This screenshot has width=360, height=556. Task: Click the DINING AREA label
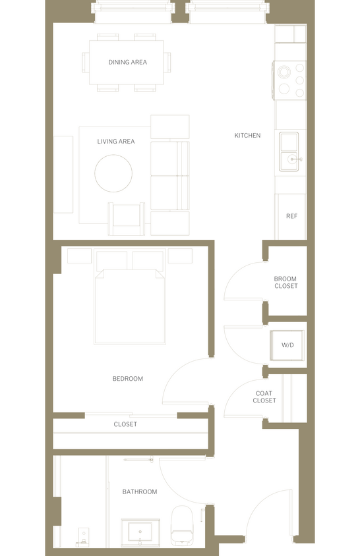pyautogui.click(x=127, y=63)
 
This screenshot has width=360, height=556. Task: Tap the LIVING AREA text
pyautogui.click(x=116, y=142)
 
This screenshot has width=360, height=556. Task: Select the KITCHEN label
pyautogui.click(x=247, y=136)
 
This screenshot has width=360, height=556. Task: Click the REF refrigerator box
pyautogui.click(x=291, y=217)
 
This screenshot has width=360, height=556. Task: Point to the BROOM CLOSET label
pyautogui.click(x=285, y=283)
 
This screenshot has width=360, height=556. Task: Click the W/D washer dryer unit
pyautogui.click(x=288, y=345)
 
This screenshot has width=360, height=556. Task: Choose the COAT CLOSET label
pyautogui.click(x=264, y=397)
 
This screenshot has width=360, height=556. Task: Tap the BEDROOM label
pyautogui.click(x=127, y=379)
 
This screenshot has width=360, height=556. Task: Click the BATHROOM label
pyautogui.click(x=140, y=492)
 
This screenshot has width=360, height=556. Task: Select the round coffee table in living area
pyautogui.click(x=113, y=173)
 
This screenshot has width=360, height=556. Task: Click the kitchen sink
pyautogui.click(x=289, y=152)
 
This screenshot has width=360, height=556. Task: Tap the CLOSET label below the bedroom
pyautogui.click(x=125, y=424)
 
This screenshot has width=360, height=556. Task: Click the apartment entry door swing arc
pyautogui.click(x=270, y=511)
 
